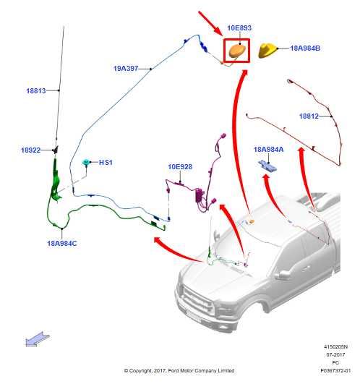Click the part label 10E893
tap(239, 28)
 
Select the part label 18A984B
tap(305, 48)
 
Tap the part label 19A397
tap(126, 69)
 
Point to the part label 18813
tap(36, 91)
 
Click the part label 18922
tap(30, 150)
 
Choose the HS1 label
tap(106, 163)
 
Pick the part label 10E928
tap(180, 167)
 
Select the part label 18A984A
tap(268, 150)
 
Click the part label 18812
tap(309, 116)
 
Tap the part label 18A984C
tap(62, 244)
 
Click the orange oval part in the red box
tap(237, 51)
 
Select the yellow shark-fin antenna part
tap(267, 50)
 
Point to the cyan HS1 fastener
tap(86, 162)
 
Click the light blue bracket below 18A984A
tap(267, 166)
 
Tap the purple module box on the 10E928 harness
tap(200, 195)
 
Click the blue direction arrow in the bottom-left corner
tap(38, 339)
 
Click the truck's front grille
tap(196, 301)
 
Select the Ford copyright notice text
tap(179, 370)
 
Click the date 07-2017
tap(335, 354)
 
